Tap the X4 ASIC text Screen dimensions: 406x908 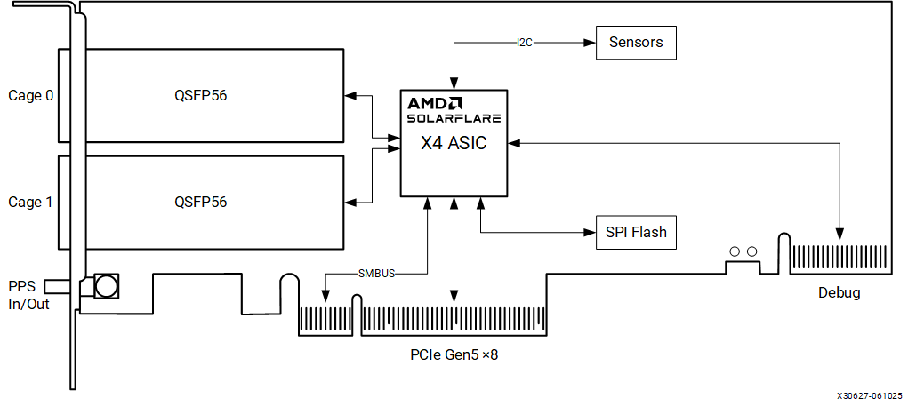[454, 142]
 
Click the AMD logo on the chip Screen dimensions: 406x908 [435, 102]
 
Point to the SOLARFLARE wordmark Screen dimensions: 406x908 [454, 117]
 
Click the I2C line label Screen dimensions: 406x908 [525, 42]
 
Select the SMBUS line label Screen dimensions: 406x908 [376, 273]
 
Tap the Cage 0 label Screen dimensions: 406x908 [31, 95]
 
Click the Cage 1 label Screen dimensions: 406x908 [31, 202]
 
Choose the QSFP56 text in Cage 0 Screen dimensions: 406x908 [201, 95]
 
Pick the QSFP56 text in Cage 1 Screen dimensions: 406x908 [201, 202]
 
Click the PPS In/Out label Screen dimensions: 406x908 [28, 295]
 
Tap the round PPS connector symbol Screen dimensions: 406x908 [107, 286]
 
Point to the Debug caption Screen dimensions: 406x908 [839, 292]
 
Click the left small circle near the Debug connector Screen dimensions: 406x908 [735, 251]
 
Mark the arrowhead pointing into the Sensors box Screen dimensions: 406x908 [590, 42]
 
